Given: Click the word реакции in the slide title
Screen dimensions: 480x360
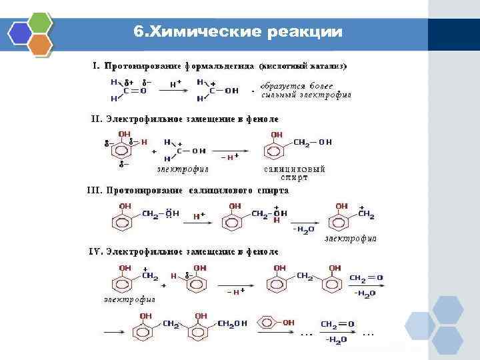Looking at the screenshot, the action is click(303, 32).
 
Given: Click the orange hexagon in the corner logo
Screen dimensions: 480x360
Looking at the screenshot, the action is click(41, 45).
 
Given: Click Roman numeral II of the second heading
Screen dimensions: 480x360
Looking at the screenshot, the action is click(95, 119).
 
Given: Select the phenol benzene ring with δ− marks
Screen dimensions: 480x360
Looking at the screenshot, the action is click(123, 149).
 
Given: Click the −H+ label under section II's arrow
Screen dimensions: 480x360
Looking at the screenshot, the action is click(229, 157).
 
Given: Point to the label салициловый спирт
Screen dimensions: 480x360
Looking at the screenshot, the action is click(294, 173).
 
